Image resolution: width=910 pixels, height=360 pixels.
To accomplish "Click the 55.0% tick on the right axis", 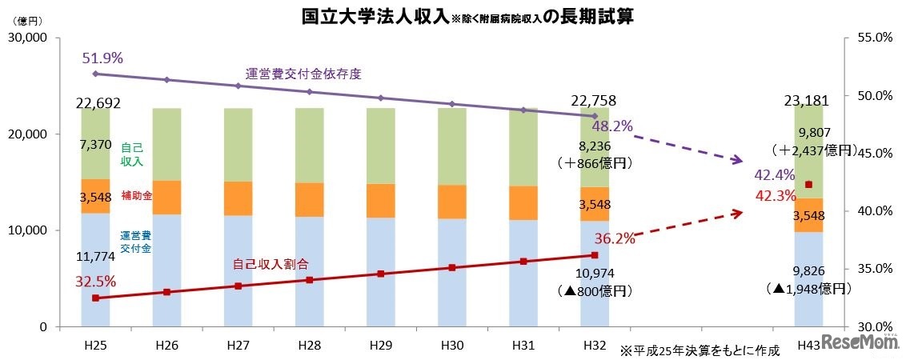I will tap(874, 38).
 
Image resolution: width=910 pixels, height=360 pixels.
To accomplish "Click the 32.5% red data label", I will tap(95, 281).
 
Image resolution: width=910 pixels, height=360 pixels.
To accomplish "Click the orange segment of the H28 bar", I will tap(309, 200).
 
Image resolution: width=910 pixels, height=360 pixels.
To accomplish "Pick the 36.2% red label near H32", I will tap(615, 238).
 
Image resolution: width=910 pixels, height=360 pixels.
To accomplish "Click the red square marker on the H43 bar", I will tap(808, 185).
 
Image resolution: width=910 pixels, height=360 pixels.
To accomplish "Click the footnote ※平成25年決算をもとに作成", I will tap(699, 350).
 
